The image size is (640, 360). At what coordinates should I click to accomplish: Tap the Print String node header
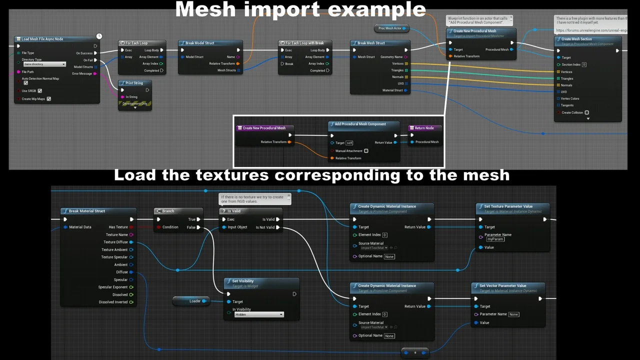[133, 83]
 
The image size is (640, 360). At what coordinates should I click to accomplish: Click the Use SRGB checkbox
[39, 91]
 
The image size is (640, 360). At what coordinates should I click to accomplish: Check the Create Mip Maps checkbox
[48, 99]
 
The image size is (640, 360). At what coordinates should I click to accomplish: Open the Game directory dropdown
[44, 64]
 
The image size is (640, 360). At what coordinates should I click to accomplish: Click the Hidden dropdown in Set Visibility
[259, 314]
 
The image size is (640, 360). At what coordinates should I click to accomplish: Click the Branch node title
[168, 211]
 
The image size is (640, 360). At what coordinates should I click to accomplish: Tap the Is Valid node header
[234, 211]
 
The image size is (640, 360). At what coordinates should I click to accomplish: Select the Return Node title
[424, 128]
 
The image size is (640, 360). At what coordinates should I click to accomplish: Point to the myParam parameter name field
[495, 239]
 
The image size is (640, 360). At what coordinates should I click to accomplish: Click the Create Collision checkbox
[586, 112]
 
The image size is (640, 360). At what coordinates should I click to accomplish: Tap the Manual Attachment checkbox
[366, 151]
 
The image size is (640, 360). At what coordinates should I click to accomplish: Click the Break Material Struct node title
[87, 211]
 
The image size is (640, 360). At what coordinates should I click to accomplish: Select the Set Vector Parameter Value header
[502, 286]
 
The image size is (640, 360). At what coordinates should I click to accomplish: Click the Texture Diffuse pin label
[115, 242]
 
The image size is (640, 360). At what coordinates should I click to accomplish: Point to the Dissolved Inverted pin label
[113, 302]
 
